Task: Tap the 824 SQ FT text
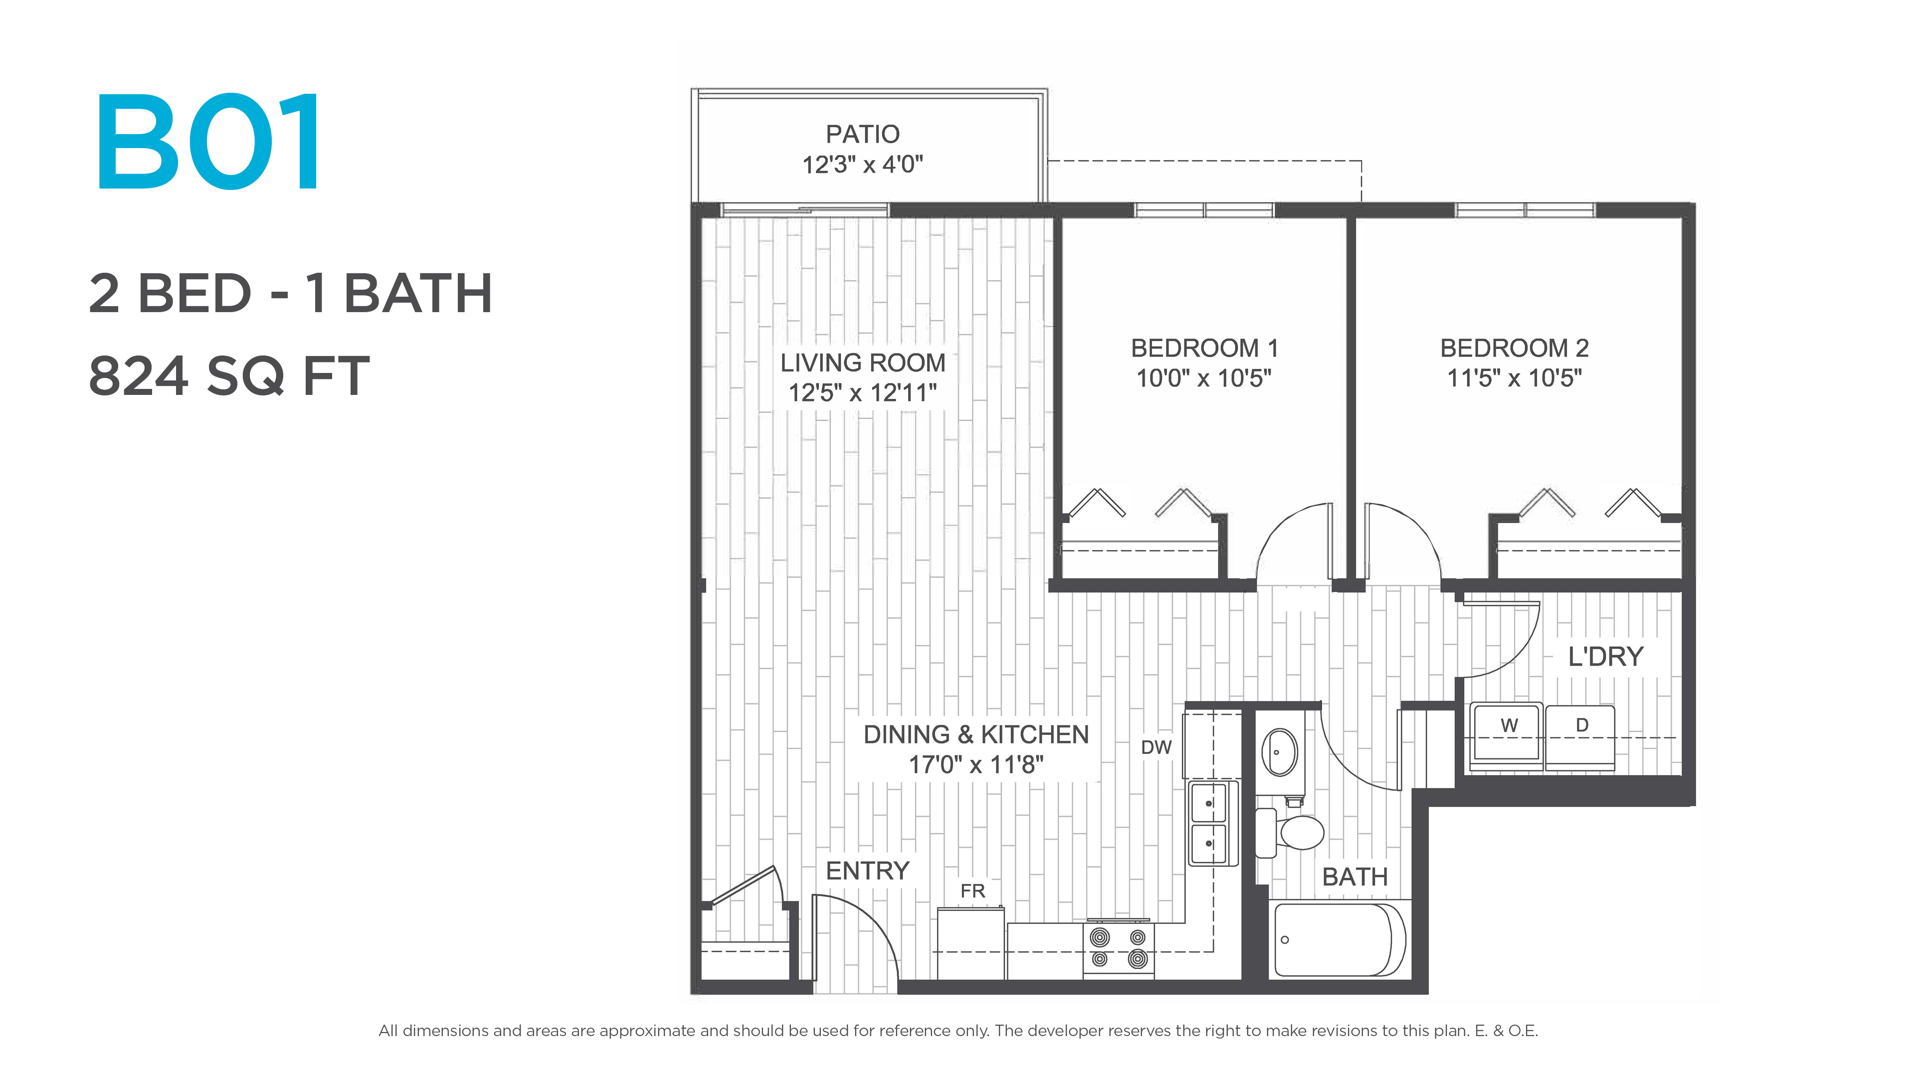pyautogui.click(x=229, y=376)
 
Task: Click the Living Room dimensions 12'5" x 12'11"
pyautogui.click(x=862, y=392)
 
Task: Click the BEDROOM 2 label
pyautogui.click(x=1515, y=348)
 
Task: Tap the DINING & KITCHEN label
pyautogui.click(x=976, y=734)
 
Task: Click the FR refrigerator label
pyautogui.click(x=972, y=891)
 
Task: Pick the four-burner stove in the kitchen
pyautogui.click(x=1119, y=949)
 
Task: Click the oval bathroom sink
pyautogui.click(x=1279, y=751)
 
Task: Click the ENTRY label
pyautogui.click(x=868, y=871)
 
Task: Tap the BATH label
pyautogui.click(x=1354, y=877)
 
